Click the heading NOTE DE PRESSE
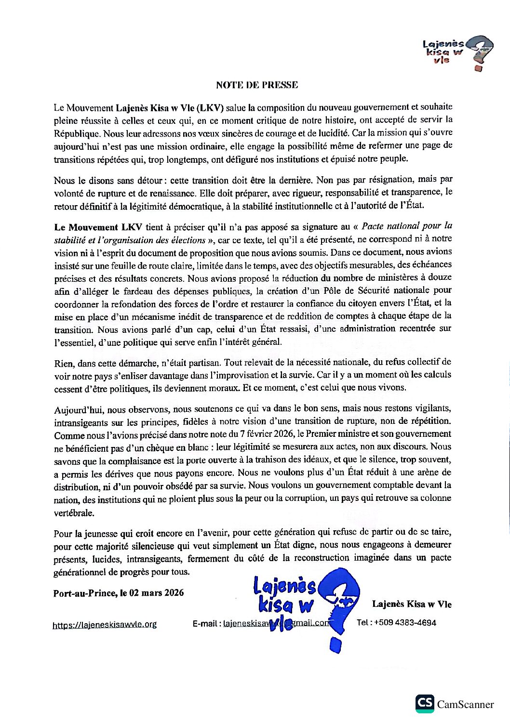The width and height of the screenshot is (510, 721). (257, 85)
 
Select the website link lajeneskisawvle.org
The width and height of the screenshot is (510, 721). (105, 625)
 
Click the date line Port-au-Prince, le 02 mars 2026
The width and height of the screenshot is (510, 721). (119, 593)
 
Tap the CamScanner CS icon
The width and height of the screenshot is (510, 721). (425, 704)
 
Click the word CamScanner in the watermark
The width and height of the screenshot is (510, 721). (465, 705)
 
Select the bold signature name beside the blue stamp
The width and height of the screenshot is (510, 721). (412, 604)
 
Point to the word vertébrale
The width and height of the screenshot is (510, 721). (74, 513)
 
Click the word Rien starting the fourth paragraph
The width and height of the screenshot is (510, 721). (63, 363)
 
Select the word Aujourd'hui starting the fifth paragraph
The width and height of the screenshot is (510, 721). (78, 410)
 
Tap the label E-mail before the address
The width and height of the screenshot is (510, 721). (205, 624)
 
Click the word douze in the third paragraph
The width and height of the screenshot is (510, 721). (441, 277)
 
